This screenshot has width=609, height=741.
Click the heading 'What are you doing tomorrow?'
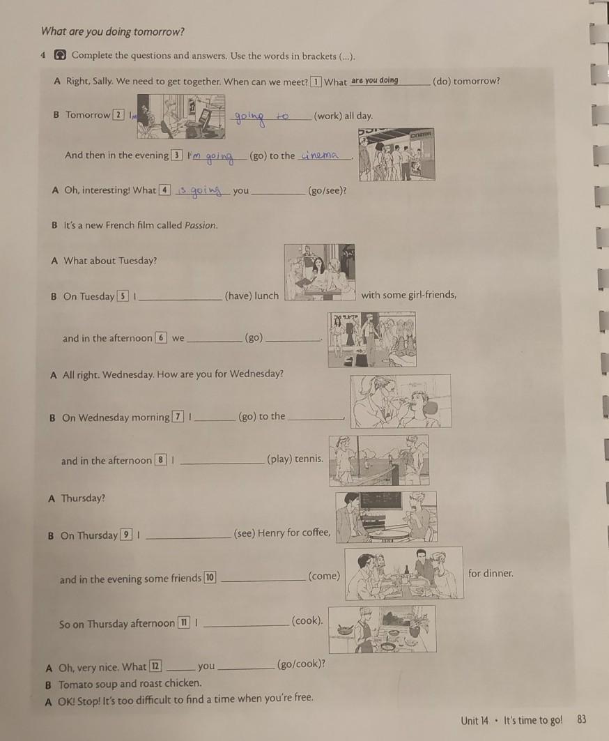click(112, 31)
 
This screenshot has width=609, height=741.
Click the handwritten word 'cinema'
click(320, 155)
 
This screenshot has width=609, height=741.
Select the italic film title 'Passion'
click(200, 225)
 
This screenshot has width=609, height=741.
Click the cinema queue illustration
click(396, 155)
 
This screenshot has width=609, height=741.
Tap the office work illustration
click(181, 116)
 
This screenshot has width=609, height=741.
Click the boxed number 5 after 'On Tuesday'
click(123, 296)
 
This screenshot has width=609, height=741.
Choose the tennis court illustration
click(379, 460)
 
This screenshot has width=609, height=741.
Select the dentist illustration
click(401, 402)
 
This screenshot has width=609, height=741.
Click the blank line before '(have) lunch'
click(180, 299)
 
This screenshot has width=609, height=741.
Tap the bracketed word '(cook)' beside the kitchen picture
click(307, 620)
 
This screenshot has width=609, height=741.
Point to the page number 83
click(582, 719)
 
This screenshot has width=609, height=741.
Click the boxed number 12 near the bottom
click(155, 666)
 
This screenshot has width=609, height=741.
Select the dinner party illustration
click(404, 573)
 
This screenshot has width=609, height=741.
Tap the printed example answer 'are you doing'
click(375, 80)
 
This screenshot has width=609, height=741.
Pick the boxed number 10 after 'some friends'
click(210, 577)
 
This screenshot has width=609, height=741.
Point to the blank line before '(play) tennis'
click(222, 463)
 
